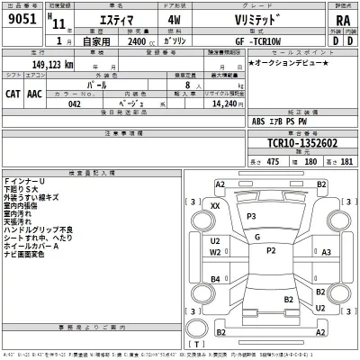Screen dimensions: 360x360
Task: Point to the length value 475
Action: tap(251, 161)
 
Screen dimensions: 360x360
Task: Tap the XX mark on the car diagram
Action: tap(215, 206)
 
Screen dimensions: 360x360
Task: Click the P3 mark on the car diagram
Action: tap(252, 217)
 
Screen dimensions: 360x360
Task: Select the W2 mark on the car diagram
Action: tap(215, 253)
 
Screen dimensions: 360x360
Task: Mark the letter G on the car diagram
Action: tap(257, 238)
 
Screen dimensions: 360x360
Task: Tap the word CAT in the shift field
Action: tap(13, 93)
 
